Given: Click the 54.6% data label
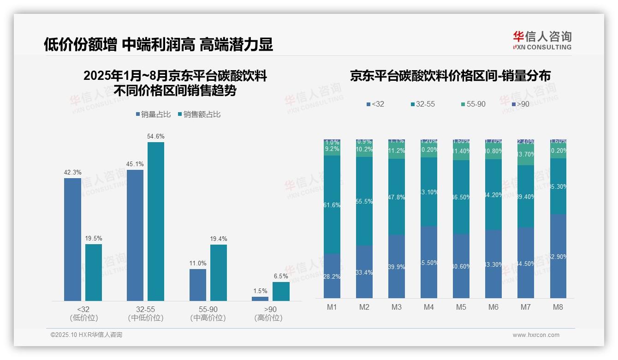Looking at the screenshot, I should coord(156,137).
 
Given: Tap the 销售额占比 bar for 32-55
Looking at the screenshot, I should coord(156,222).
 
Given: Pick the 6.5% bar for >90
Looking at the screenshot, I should coord(281,291).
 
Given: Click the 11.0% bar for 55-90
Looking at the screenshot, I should coord(198,285).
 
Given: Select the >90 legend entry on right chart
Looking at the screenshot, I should coord(520,104).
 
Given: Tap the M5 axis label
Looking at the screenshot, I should coord(461,307).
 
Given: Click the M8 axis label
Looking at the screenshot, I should coord(558,307).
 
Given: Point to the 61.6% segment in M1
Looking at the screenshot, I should coord(332,204).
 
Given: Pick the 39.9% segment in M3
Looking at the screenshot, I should coord(397,266).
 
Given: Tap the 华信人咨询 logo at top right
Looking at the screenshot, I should coord(542,40).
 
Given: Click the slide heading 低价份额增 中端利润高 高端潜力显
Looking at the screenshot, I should coord(158,44).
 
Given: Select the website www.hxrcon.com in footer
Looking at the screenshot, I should coord(535,335).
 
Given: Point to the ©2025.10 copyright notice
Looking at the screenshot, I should coord(86,335).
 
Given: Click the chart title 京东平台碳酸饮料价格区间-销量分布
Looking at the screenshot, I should coord(450,76).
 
